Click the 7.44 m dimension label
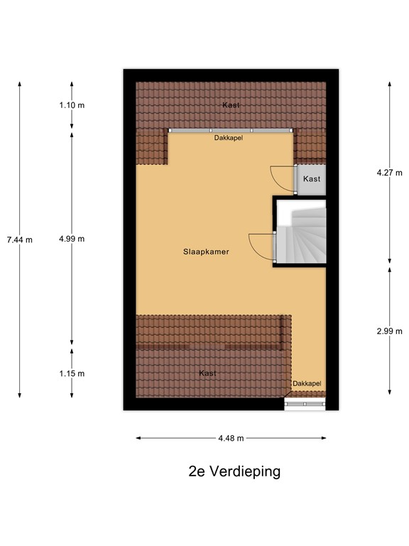[19, 240]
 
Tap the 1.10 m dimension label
[72, 105]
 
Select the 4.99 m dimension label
[72, 239]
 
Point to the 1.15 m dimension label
[72, 373]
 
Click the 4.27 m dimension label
[389, 172]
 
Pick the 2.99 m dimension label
[389, 331]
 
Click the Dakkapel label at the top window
[229, 139]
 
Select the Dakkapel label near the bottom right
[307, 384]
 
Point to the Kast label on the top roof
[230, 105]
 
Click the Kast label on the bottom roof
[207, 373]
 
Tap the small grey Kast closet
[312, 179]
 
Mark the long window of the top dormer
[230, 131]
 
